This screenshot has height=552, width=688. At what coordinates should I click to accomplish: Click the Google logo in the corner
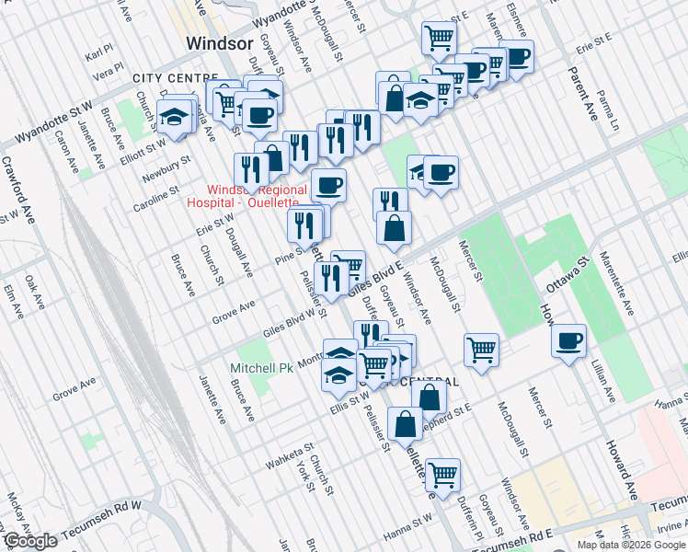tap(30, 541)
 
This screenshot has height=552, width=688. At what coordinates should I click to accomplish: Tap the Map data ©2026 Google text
tap(631, 545)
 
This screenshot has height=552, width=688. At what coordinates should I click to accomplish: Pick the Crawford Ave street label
tap(20, 193)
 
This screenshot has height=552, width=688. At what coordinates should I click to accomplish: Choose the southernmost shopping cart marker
tap(442, 475)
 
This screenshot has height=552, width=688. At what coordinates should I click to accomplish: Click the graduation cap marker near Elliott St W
tap(172, 118)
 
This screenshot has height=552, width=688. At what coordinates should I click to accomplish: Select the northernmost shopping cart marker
tap(439, 38)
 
